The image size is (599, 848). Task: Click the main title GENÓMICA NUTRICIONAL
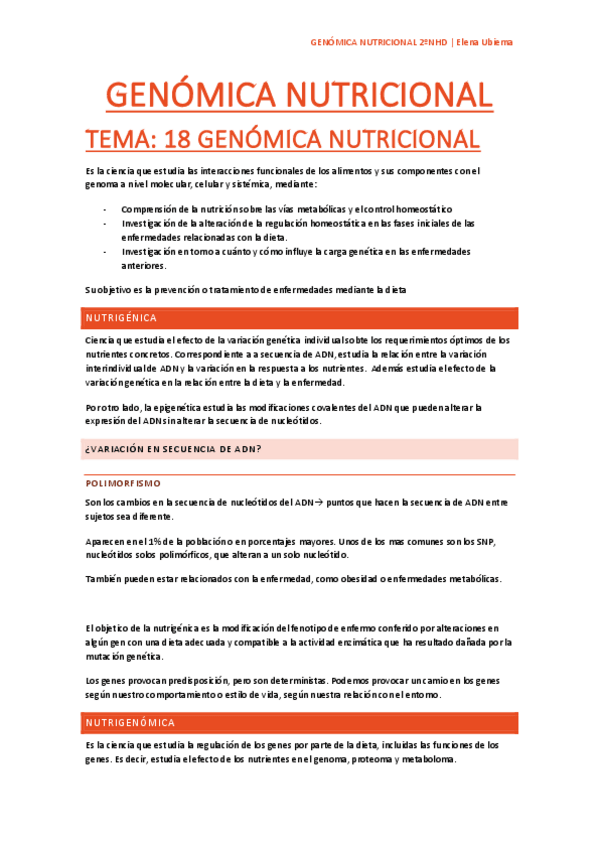pyautogui.click(x=299, y=96)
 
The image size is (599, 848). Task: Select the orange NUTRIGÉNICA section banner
pyautogui.click(x=299, y=318)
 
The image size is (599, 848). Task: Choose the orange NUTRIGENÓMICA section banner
pyautogui.click(x=299, y=722)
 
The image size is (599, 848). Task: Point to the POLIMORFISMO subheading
pyautogui.click(x=123, y=483)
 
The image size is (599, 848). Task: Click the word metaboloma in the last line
pyautogui.click(x=424, y=759)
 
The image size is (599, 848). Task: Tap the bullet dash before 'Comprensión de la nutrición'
pyautogui.click(x=105, y=209)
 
